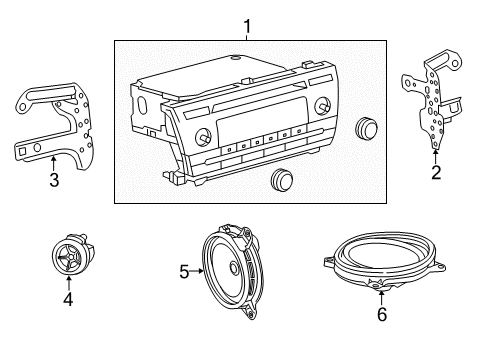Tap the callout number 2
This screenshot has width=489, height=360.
[435, 172]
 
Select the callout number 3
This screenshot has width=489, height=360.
[55, 180]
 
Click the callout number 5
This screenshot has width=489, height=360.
[183, 269]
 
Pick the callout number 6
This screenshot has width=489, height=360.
[379, 312]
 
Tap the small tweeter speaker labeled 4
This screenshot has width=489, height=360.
[70, 257]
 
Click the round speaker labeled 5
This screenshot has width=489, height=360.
[236, 266]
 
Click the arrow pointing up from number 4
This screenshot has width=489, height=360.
[69, 282]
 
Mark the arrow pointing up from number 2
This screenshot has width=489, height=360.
[435, 156]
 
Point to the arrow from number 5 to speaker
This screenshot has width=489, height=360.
[196, 269]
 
